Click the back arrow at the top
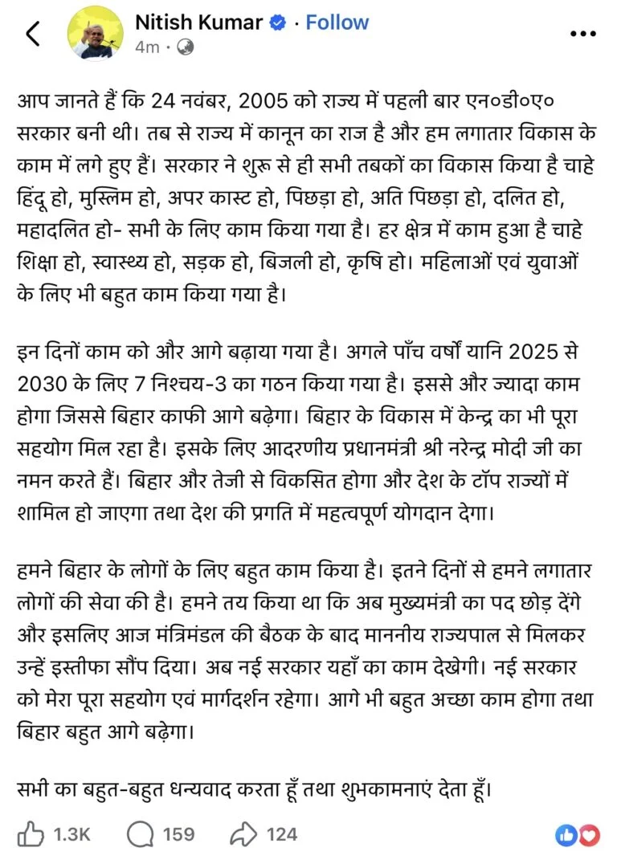(32, 34)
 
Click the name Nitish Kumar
(198, 22)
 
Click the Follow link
(337, 22)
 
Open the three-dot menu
(582, 34)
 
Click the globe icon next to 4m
(185, 47)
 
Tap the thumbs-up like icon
(31, 834)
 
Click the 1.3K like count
(72, 835)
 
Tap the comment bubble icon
(141, 834)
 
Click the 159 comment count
(178, 835)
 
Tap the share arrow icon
(243, 834)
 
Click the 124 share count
(282, 835)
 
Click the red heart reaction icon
(590, 835)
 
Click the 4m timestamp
(147, 47)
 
